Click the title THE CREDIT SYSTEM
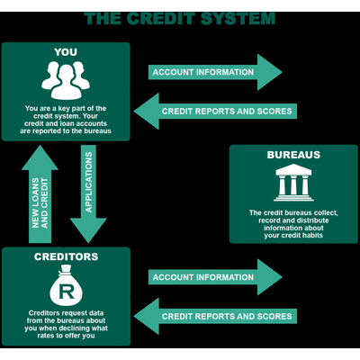[x=179, y=18]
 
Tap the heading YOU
[x=66, y=52]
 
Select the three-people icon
[x=66, y=80]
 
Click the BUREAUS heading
[x=293, y=155]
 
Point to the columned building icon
[x=293, y=183]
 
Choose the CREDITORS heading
[x=66, y=256]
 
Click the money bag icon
[x=66, y=285]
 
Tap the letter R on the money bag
[x=67, y=292]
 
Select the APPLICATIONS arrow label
[x=88, y=182]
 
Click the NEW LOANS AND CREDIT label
[x=40, y=203]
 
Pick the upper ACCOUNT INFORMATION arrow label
[x=203, y=72]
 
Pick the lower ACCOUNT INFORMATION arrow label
[x=203, y=277]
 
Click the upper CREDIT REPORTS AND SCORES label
[x=227, y=112]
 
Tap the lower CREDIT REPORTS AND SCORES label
[x=227, y=316]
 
